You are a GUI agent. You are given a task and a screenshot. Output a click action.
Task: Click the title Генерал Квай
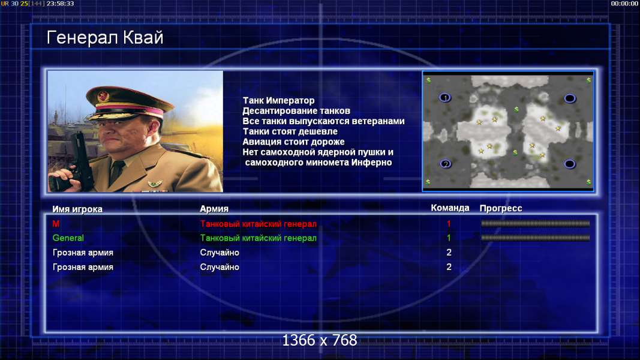105,38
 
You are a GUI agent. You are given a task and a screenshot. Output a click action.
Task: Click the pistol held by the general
71,163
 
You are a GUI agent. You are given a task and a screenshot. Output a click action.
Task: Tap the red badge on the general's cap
103,97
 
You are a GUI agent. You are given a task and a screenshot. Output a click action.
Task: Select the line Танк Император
278,100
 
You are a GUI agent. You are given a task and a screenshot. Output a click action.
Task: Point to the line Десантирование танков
296,110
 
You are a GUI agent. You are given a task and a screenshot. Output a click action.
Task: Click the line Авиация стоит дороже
293,142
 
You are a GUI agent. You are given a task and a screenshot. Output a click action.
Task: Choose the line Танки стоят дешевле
290,131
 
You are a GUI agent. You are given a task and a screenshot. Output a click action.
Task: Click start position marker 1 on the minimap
445,98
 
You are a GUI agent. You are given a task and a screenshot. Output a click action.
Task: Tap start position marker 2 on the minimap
445,164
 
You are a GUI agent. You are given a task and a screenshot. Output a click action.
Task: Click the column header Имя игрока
77,209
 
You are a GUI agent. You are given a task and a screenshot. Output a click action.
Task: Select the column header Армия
214,209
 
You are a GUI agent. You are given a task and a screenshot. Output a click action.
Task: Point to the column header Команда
450,208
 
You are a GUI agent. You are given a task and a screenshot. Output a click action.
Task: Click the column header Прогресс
501,208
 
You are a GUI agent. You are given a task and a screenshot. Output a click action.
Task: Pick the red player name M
56,224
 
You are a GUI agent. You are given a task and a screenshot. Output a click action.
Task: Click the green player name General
68,238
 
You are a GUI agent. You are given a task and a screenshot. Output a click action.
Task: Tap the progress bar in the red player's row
536,223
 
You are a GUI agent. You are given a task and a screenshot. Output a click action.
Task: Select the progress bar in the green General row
536,238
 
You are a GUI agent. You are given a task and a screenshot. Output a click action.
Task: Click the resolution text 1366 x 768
320,340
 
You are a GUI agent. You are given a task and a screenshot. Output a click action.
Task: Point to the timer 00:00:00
624,4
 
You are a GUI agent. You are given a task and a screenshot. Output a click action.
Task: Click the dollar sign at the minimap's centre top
516,109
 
